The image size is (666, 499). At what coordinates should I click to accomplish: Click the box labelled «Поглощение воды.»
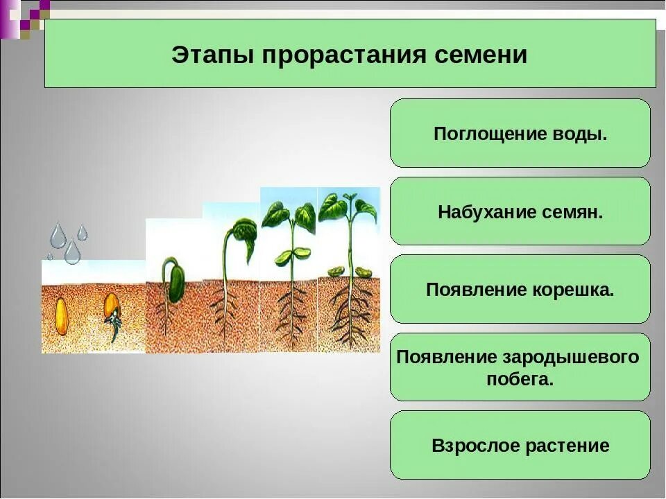pos(520,133)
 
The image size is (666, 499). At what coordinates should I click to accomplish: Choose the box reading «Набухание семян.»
pos(520,211)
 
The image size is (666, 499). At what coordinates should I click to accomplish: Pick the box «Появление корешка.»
pos(520,289)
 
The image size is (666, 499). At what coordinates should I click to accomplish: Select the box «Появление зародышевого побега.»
pos(520,367)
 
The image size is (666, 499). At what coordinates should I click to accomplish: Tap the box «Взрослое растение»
pos(520,445)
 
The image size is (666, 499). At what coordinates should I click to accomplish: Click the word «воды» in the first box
pos(580,134)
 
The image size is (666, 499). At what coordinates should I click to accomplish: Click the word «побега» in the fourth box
pos(520,379)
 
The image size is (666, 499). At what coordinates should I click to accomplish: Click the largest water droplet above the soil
pos(72,251)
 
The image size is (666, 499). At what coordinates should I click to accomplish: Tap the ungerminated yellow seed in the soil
pos(62,317)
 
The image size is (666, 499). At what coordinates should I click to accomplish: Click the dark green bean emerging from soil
pos(177,284)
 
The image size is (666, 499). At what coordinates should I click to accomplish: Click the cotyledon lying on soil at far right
pos(364,272)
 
